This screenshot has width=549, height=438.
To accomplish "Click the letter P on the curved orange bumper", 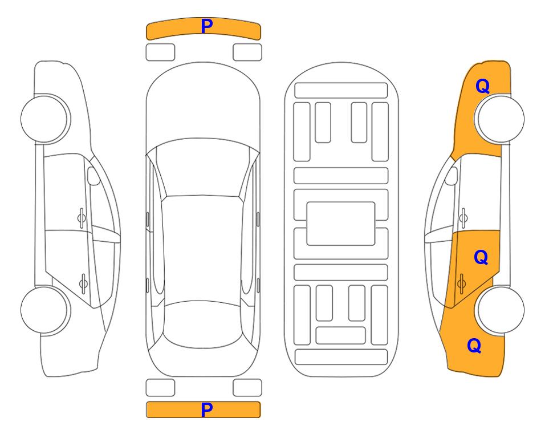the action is pyautogui.click(x=207, y=26).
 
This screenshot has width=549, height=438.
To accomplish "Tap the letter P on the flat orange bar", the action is pyautogui.click(x=207, y=409).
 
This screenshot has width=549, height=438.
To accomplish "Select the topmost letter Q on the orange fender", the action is pyautogui.click(x=482, y=86).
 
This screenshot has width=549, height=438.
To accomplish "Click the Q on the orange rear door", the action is pyautogui.click(x=481, y=258).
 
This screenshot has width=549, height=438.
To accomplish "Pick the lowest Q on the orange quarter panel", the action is pyautogui.click(x=474, y=346).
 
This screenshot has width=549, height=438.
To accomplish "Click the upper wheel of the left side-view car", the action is pyautogui.click(x=46, y=119).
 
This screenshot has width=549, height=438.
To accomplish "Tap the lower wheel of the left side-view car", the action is pyautogui.click(x=46, y=310).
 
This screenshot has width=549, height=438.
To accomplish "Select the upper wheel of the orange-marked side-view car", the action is pyautogui.click(x=499, y=119).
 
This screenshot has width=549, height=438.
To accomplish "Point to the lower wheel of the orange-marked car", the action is pyautogui.click(x=499, y=310).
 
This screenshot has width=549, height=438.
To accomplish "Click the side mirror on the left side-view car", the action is pyautogui.click(x=93, y=176).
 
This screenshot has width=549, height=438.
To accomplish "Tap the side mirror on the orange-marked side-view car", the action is pyautogui.click(x=452, y=176).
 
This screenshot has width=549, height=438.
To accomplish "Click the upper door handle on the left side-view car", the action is pyautogui.click(x=82, y=218).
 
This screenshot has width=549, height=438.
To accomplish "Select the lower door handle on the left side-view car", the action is pyautogui.click(x=83, y=283).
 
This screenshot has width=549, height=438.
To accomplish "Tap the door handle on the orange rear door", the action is pyautogui.click(x=461, y=283).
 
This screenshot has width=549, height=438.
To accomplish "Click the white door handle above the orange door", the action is pyautogui.click(x=463, y=218).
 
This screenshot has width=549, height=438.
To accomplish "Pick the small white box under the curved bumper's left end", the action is pyautogui.click(x=160, y=52).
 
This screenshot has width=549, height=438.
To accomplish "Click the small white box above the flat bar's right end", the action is pyautogui.click(x=247, y=388).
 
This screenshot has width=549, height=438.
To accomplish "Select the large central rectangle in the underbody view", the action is pyautogui.click(x=341, y=224).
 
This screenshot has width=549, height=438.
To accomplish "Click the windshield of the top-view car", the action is pyautogui.click(x=202, y=168).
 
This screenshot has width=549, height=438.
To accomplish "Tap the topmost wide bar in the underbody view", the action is pyautogui.click(x=341, y=91).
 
